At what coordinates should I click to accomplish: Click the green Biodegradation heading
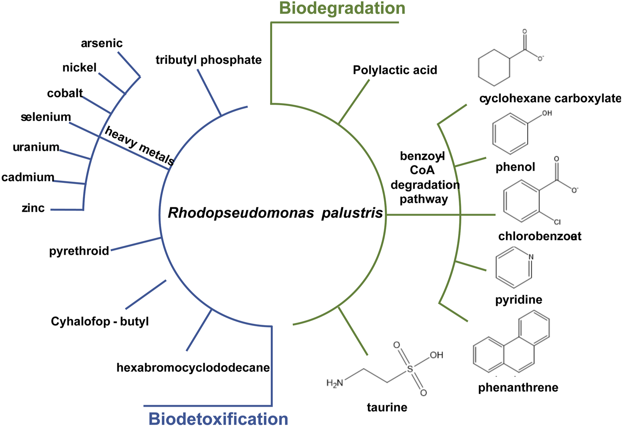(x=342, y=8)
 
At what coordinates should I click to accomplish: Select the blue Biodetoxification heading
(x=218, y=419)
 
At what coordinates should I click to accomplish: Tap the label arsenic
(x=101, y=43)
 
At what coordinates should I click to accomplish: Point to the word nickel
(x=79, y=68)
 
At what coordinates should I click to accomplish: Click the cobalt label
(x=65, y=93)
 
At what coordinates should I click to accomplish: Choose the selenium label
(x=46, y=117)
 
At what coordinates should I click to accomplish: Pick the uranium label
(x=36, y=147)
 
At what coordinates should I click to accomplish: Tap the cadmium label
(x=28, y=177)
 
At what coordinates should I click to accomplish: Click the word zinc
(x=33, y=208)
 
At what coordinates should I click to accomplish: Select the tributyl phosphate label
(x=208, y=60)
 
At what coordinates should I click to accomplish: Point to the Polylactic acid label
(x=395, y=70)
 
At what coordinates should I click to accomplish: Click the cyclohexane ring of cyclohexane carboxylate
(x=494, y=68)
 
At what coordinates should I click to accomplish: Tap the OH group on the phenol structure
(x=547, y=113)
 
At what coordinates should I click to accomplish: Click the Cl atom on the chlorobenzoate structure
(x=557, y=222)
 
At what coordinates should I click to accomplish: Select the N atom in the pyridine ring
(x=531, y=257)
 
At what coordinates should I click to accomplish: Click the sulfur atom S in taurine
(x=410, y=369)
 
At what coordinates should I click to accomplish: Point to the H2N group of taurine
(x=335, y=383)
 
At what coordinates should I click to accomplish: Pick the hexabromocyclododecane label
(x=193, y=368)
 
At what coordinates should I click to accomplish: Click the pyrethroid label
(x=79, y=251)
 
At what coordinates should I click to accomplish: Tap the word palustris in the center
(x=352, y=213)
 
